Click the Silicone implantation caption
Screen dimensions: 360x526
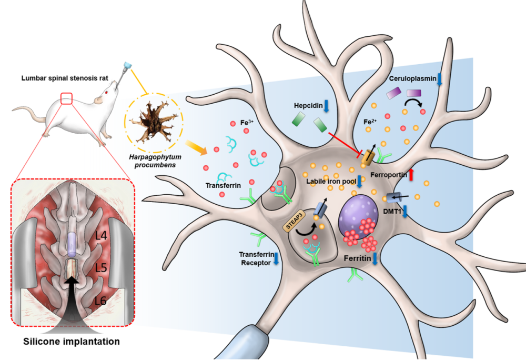[x=71, y=342]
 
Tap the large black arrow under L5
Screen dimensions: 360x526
[x=72, y=295]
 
